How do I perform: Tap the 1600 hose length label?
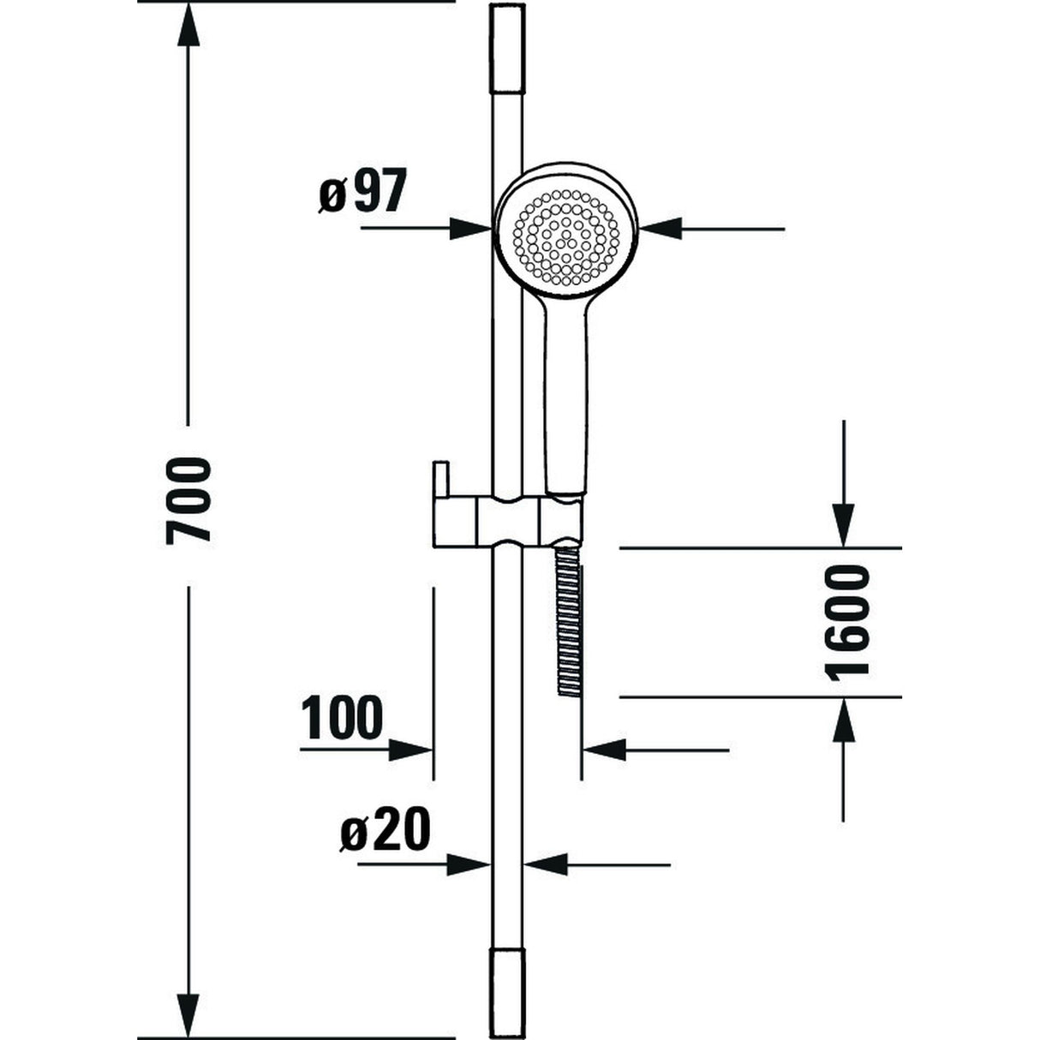coord(849,620)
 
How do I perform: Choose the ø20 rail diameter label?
coord(385,830)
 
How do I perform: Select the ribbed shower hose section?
coord(568,617)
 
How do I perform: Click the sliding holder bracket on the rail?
coord(505,519)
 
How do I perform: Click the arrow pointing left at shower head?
coord(661,229)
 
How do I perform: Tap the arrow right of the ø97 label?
coord(469,229)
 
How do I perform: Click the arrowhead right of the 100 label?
coord(409,750)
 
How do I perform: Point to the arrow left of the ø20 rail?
coord(469,864)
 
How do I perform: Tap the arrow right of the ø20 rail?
coord(545,864)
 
